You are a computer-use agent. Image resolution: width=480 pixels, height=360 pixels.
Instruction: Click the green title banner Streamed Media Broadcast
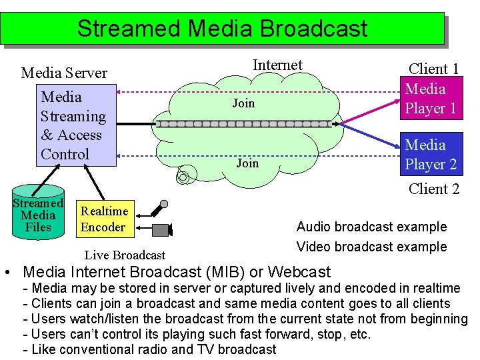222,28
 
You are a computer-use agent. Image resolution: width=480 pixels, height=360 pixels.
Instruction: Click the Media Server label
64,73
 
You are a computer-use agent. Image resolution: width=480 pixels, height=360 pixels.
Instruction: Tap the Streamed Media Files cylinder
38,212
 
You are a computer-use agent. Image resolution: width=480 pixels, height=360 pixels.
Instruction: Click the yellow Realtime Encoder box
103,219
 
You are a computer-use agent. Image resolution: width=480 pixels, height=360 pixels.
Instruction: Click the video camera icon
162,230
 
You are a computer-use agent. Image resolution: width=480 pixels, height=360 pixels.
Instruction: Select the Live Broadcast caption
125,255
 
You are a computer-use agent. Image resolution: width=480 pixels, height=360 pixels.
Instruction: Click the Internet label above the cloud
277,65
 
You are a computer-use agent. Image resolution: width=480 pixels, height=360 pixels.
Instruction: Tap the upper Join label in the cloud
243,103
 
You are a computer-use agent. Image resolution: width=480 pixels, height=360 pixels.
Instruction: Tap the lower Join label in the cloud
247,163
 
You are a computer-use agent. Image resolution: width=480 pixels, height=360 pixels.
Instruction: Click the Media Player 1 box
430,98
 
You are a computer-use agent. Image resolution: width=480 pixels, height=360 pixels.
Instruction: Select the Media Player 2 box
430,154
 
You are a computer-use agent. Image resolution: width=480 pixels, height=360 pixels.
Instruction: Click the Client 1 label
433,69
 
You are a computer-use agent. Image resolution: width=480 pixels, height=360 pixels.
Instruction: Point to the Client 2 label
433,189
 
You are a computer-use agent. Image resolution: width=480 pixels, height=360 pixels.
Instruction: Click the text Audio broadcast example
371,227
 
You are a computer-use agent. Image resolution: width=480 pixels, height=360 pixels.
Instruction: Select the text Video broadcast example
371,247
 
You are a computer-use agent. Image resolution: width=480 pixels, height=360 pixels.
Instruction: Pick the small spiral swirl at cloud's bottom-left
183,176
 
